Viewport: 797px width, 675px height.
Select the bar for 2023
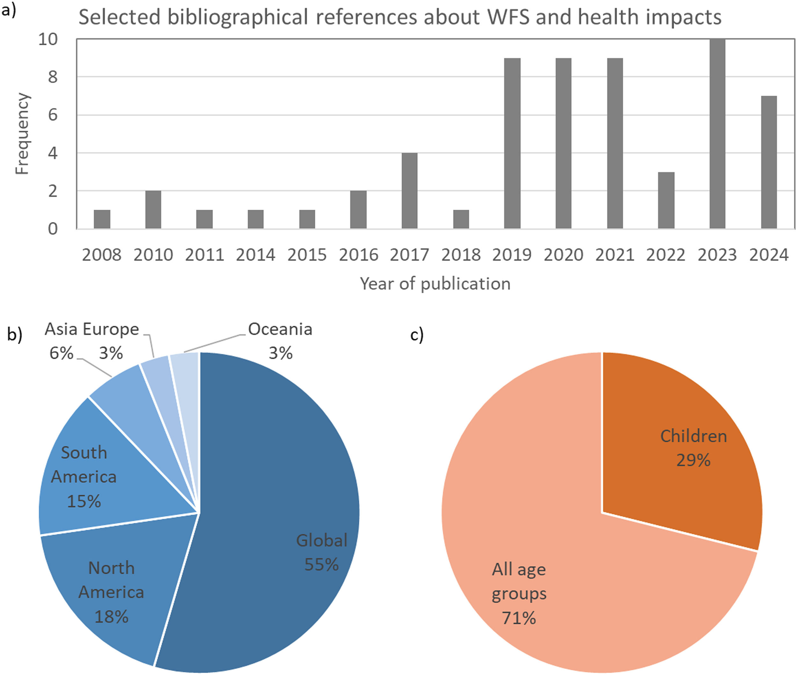click(717, 134)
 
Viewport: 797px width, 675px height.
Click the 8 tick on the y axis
click(53, 77)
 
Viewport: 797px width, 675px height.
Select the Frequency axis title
click(22, 134)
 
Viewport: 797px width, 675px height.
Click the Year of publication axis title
click(435, 284)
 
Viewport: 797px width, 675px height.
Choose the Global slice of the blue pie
click(276, 497)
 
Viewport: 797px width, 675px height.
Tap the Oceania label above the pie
click(280, 330)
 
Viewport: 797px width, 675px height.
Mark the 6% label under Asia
click(61, 353)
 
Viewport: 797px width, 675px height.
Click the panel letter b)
click(15, 334)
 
